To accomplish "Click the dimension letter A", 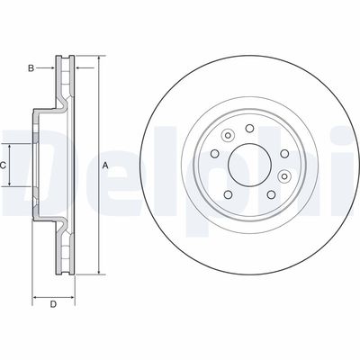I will click(105, 165).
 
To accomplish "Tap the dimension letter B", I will click(31, 67).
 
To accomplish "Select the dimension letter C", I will click(4, 166).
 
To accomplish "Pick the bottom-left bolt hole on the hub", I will click(228, 193).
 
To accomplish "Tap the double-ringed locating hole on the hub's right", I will click(284, 175).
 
